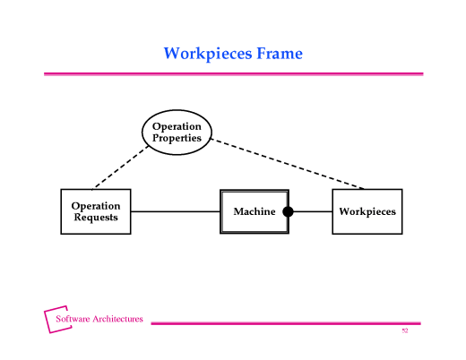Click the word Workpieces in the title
pyautogui.click(x=208, y=54)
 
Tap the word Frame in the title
pyautogui.click(x=280, y=53)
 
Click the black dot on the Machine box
pyautogui.click(x=288, y=211)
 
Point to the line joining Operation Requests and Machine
pyautogui.click(x=176, y=211)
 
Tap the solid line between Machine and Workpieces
pyautogui.click(x=313, y=211)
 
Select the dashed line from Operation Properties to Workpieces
pyautogui.click(x=288, y=164)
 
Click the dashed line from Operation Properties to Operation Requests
pyautogui.click(x=120, y=167)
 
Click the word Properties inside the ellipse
pyautogui.click(x=177, y=139)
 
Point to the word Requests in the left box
pyautogui.click(x=96, y=218)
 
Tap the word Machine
pyautogui.click(x=255, y=211)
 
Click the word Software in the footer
pyautogui.click(x=73, y=319)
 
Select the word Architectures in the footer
pyautogui.click(x=117, y=319)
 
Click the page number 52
pyautogui.click(x=405, y=330)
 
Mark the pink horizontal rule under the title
pyautogui.click(x=234, y=74)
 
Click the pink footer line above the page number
pyautogui.click(x=286, y=323)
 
